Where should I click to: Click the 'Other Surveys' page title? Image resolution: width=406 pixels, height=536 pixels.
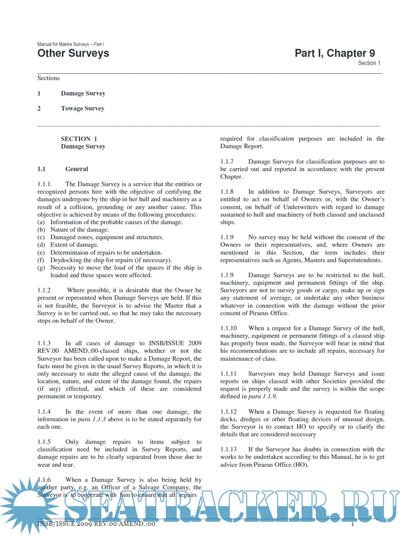point(73,53)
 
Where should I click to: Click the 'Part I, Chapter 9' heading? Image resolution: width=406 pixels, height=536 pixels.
point(335,53)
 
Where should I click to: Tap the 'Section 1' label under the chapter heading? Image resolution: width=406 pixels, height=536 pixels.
point(369,63)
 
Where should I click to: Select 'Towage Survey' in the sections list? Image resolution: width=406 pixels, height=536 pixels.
point(83,108)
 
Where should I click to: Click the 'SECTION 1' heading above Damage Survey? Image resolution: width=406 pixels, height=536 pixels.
point(79,139)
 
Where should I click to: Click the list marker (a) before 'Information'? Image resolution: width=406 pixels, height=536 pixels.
point(41,222)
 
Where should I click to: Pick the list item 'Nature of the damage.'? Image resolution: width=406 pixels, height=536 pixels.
point(80,230)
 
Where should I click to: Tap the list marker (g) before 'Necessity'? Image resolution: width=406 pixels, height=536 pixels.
point(41,268)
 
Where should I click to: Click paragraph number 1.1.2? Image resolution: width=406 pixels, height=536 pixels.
point(44,290)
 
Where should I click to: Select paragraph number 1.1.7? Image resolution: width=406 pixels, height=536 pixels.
point(227,162)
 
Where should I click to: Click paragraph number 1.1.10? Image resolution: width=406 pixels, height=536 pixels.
point(229,328)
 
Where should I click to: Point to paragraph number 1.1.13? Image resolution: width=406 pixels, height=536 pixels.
point(229,449)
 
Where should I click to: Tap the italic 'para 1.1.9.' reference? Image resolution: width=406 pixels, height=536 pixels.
point(263,396)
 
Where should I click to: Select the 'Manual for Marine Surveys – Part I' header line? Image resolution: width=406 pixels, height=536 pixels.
point(71,44)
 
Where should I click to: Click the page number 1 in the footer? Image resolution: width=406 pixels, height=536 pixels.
point(352,524)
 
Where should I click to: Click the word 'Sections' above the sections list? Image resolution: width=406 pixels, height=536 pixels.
point(48,78)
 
